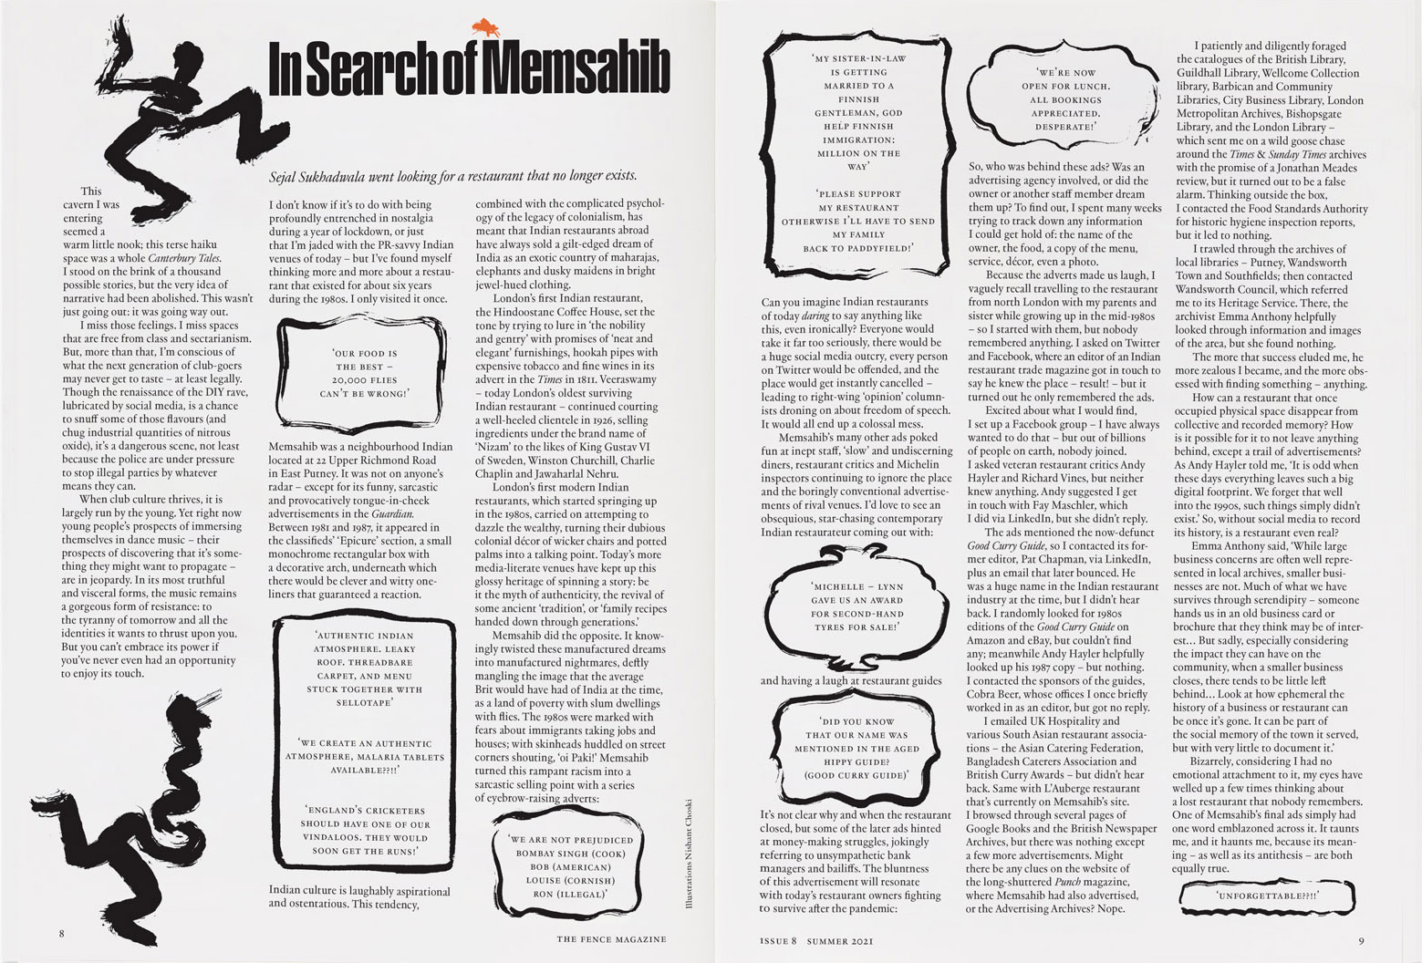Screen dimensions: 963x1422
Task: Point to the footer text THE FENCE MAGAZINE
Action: coord(611,938)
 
